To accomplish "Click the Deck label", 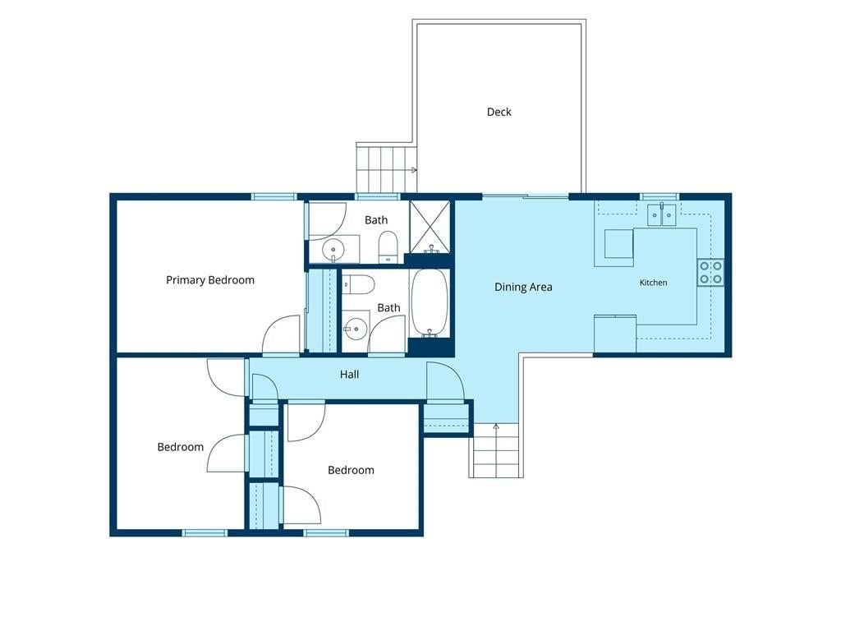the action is tap(499, 112).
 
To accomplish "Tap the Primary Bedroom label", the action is tap(210, 280).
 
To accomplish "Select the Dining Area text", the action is tap(523, 287).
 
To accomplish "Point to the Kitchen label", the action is tap(653, 283).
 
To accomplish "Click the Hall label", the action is tap(349, 374).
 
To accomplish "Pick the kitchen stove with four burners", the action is tap(710, 273).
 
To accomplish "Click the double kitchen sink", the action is tap(661, 214).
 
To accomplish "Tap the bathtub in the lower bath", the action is tap(429, 302).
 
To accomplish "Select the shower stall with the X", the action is tap(430, 227).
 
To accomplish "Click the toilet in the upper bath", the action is tap(388, 247).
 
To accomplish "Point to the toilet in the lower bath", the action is tap(358, 284).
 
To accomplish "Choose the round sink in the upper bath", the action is tap(333, 250).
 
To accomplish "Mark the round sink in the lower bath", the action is tap(355, 329).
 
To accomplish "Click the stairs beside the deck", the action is tap(387, 168).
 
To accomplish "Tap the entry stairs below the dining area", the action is tap(496, 450).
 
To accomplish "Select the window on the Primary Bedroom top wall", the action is tap(274, 197).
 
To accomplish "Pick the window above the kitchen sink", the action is tap(659, 197).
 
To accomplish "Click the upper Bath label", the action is tap(376, 220).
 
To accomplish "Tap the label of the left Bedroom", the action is tap(180, 447).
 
